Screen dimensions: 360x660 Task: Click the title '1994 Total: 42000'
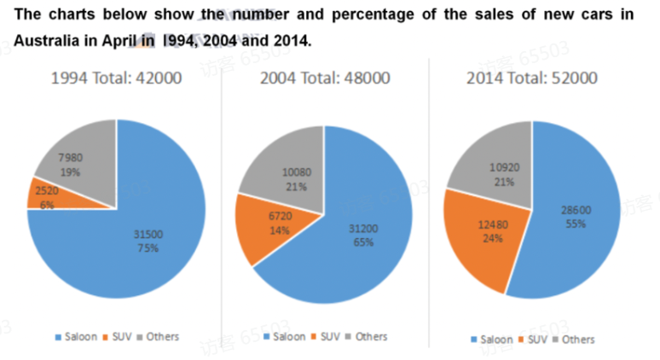[x=116, y=78]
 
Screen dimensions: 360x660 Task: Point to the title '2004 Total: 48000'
[x=324, y=78]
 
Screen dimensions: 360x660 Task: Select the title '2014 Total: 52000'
[x=532, y=78]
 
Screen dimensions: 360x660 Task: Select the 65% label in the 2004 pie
[x=356, y=242]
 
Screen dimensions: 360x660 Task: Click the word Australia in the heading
[x=48, y=41]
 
